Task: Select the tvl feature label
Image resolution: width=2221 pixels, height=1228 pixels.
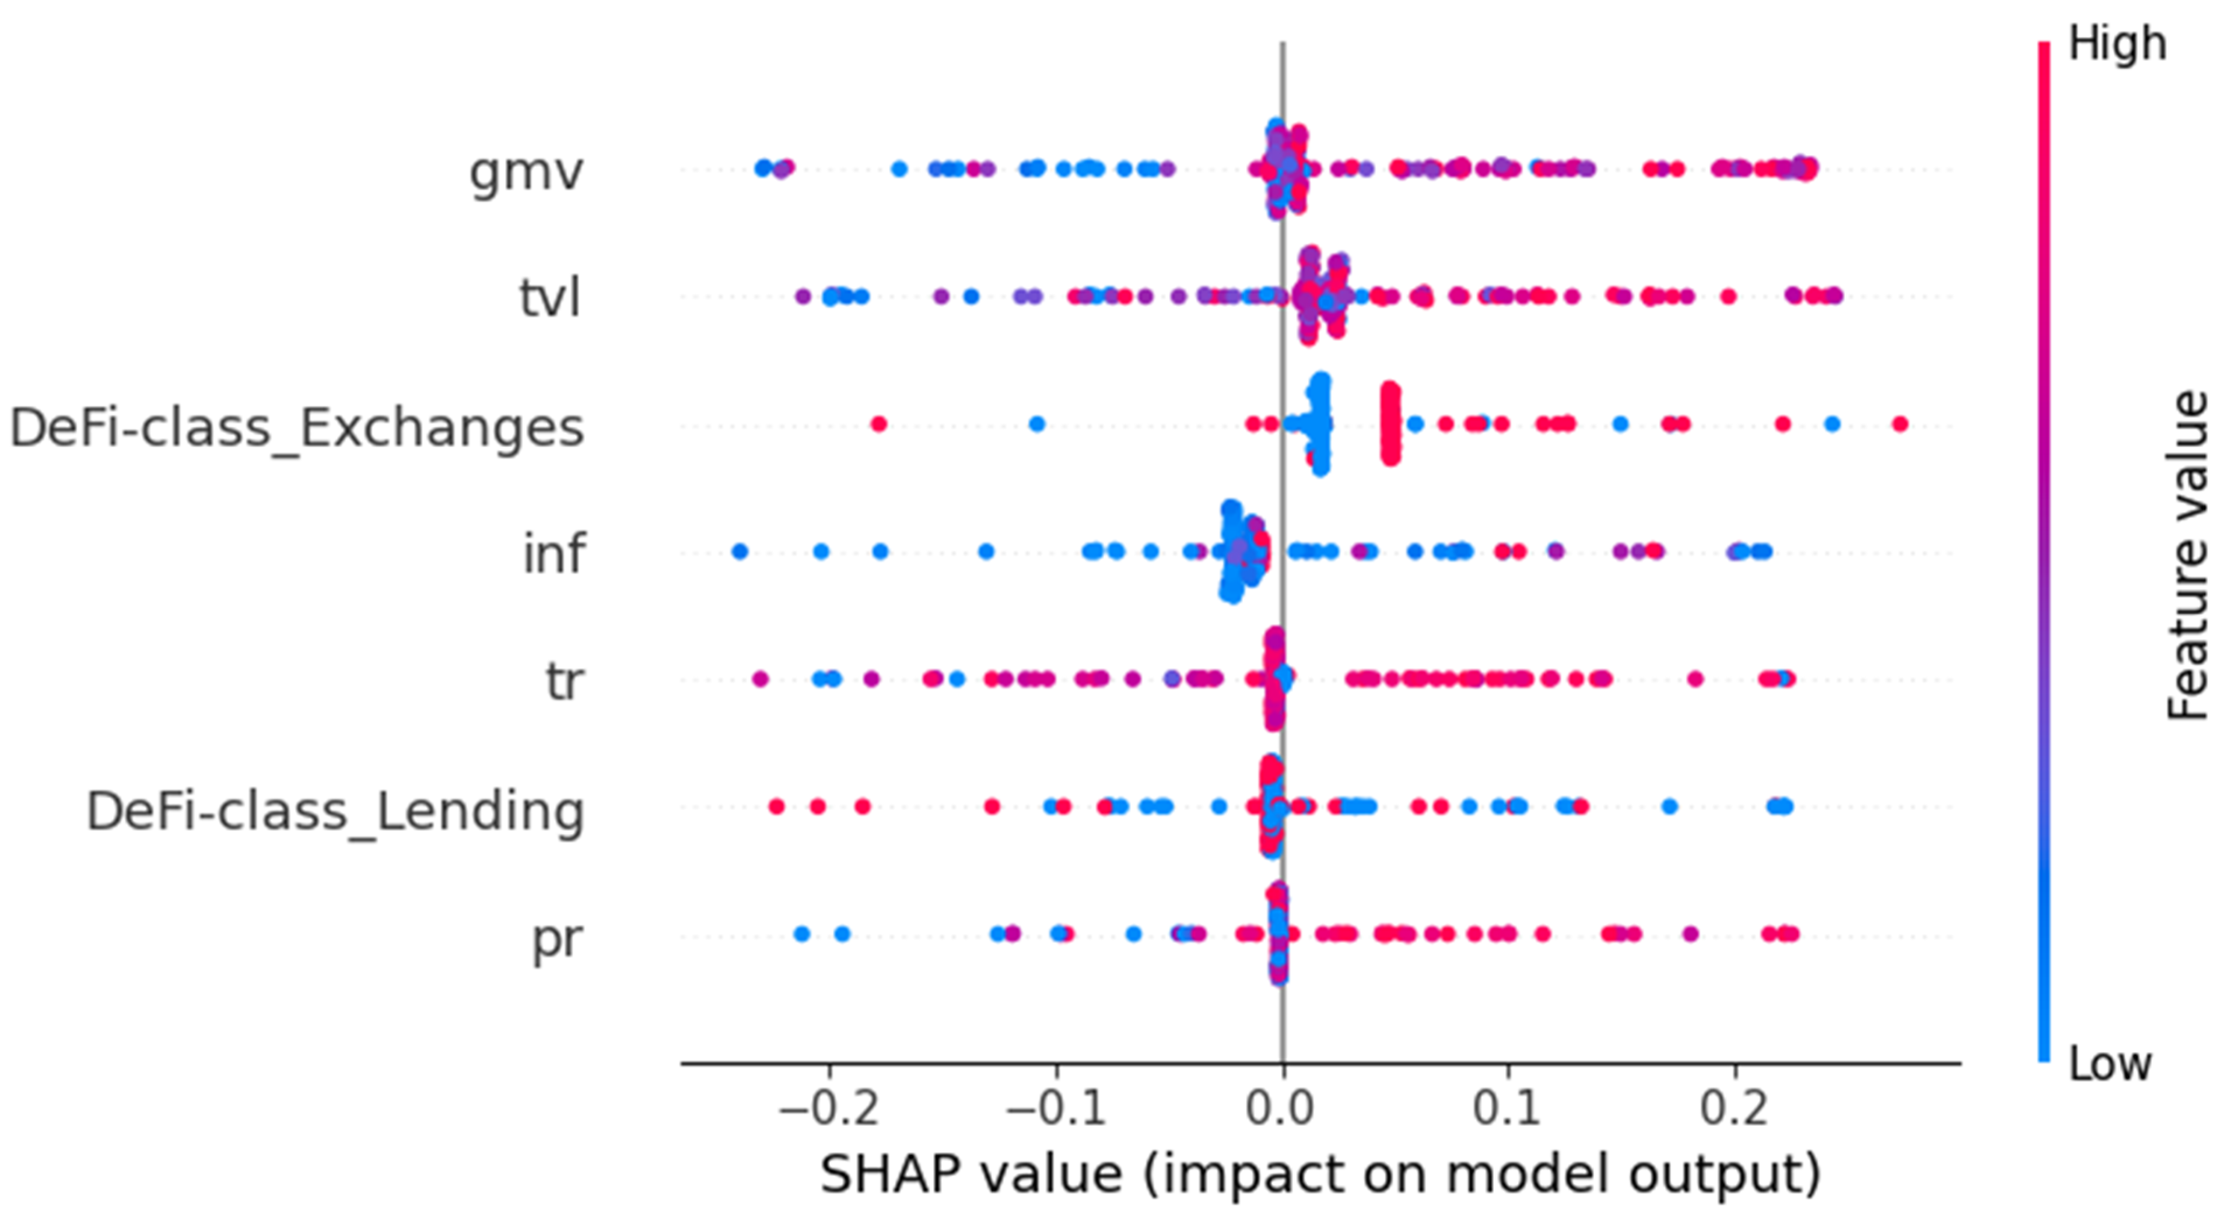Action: click(x=550, y=297)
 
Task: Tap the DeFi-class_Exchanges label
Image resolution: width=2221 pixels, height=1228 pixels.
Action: click(x=297, y=427)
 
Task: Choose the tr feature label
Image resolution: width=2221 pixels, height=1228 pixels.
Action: click(x=565, y=681)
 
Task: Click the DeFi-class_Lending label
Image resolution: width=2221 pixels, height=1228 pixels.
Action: click(x=335, y=812)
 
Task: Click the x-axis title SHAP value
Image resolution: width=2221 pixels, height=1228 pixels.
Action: click(x=971, y=1174)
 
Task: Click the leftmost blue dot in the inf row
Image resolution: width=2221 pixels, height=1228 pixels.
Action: click(x=739, y=552)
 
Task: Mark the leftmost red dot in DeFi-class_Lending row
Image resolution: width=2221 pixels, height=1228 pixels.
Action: click(x=776, y=806)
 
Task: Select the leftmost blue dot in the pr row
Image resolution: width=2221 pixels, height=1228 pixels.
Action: click(x=801, y=934)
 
